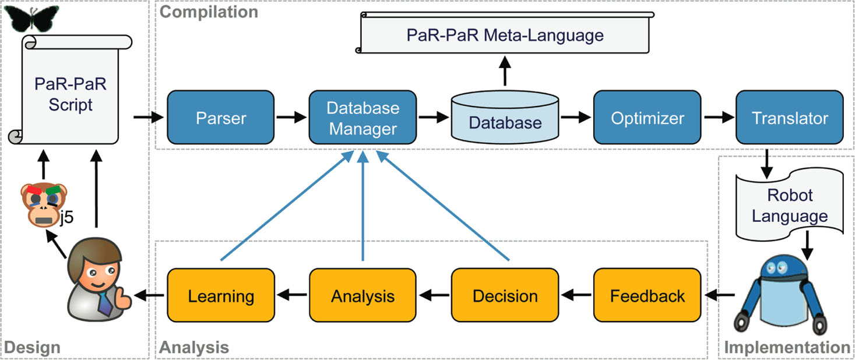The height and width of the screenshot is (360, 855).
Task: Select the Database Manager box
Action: tap(363, 118)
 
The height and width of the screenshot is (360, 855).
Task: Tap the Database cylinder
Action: tap(505, 119)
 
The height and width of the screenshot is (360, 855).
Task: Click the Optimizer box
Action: tap(647, 118)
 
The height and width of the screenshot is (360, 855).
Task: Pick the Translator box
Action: tap(789, 118)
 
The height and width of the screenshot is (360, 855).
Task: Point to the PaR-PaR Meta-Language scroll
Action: tap(504, 36)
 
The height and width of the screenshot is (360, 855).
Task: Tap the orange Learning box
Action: tap(221, 295)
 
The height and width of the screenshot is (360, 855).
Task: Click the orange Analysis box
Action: tap(363, 295)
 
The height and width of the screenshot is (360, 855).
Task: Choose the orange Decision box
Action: tap(505, 295)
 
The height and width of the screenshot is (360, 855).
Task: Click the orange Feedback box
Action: tap(647, 295)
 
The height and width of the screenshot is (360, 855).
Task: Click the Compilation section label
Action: tap(208, 11)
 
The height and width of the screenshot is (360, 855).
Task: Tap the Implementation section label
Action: tap(787, 348)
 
